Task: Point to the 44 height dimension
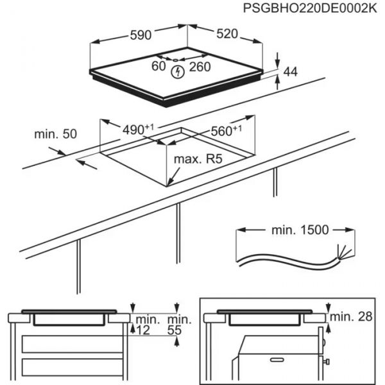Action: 291,72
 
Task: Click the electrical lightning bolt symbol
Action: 179,73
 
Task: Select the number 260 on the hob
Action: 201,65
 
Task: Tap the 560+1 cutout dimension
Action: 226,131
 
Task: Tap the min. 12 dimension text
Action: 147,325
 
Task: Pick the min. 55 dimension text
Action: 179,325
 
